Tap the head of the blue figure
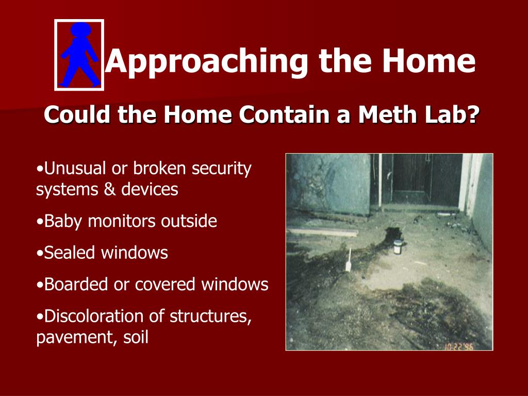coord(80,29)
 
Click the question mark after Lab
coord(473,114)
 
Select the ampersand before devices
coord(109,189)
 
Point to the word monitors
coord(122,222)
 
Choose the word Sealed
coord(70,253)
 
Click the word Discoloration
coord(104,316)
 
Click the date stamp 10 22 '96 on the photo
coord(458,346)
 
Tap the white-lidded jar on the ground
coord(398,247)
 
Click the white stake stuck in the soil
coord(349,260)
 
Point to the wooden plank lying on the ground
coord(323,232)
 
